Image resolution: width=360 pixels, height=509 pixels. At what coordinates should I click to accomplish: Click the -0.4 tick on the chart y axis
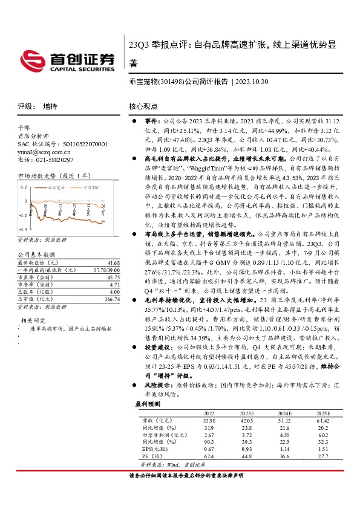pos(22,230)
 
